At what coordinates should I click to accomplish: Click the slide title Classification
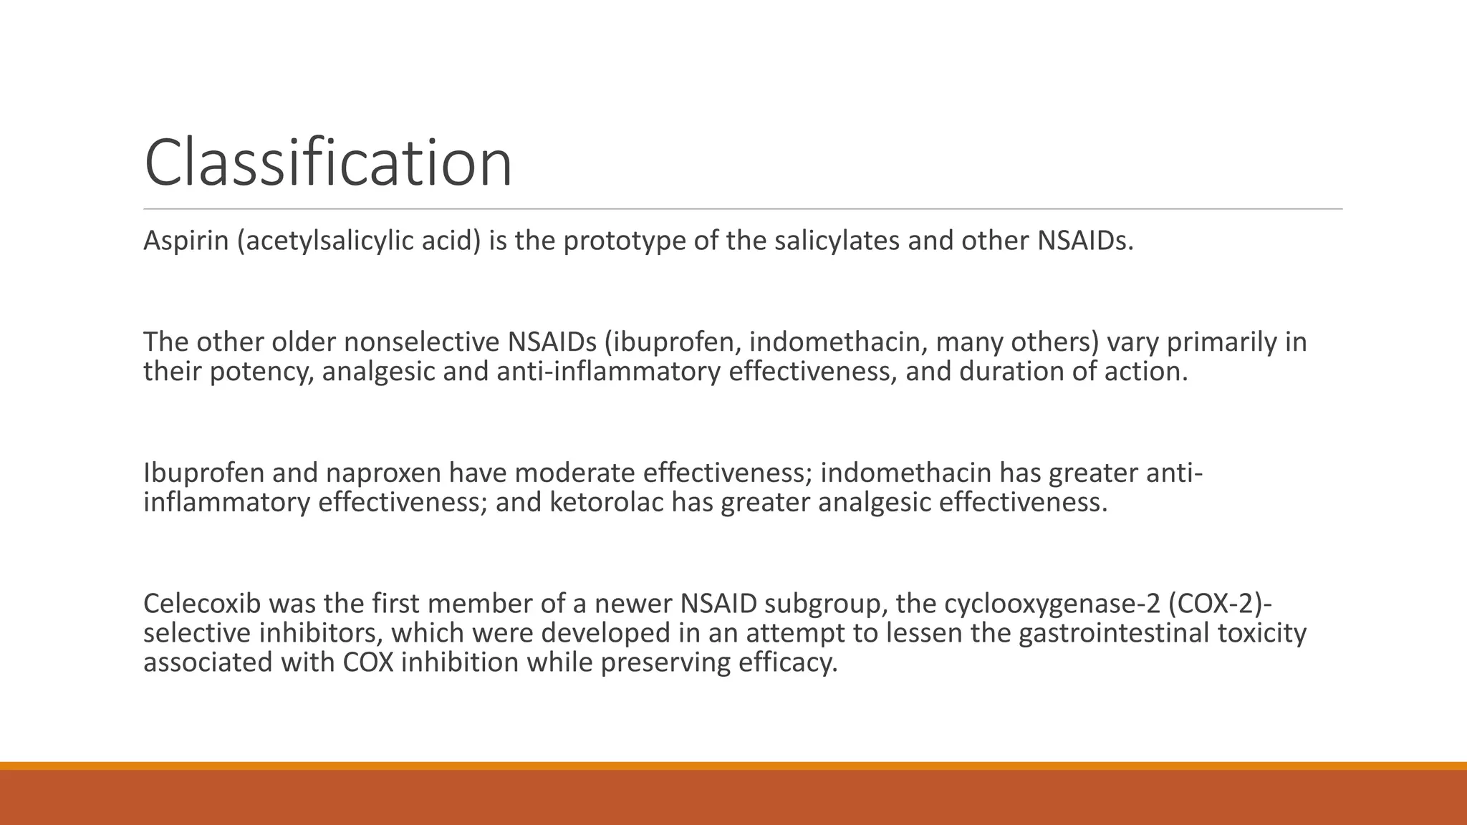(x=328, y=163)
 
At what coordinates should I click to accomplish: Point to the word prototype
(x=623, y=241)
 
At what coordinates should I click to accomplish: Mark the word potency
(x=261, y=372)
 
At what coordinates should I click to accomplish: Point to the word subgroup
(x=817, y=604)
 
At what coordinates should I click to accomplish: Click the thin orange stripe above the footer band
(x=733, y=766)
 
